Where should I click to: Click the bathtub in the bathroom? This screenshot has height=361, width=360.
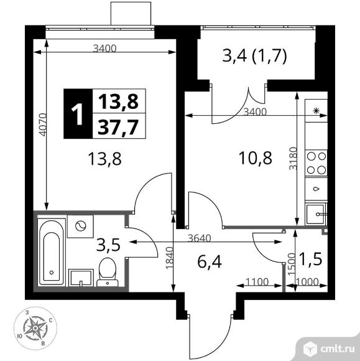point(52,252)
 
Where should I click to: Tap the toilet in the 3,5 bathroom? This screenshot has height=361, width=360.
point(108,272)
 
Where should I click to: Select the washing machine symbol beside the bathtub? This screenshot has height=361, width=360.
point(80,226)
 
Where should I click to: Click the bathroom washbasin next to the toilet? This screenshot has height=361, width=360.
point(81,278)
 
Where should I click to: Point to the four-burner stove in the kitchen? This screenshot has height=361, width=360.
point(316,163)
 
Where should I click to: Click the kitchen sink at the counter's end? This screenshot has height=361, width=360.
point(316,214)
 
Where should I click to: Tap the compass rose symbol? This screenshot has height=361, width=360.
point(35,328)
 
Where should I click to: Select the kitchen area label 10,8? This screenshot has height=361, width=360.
point(256,158)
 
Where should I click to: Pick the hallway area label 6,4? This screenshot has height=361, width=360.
point(210,262)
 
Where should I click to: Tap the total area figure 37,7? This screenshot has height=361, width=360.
point(118,127)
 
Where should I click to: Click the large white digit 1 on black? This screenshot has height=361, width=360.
point(77,113)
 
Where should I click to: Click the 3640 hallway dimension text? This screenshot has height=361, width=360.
point(199,238)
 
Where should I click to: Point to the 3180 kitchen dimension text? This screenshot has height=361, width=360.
point(293,158)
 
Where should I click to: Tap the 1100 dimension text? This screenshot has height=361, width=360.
point(257,281)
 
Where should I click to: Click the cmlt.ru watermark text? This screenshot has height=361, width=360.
point(337,349)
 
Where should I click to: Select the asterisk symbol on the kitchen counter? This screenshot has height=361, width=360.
point(316,111)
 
